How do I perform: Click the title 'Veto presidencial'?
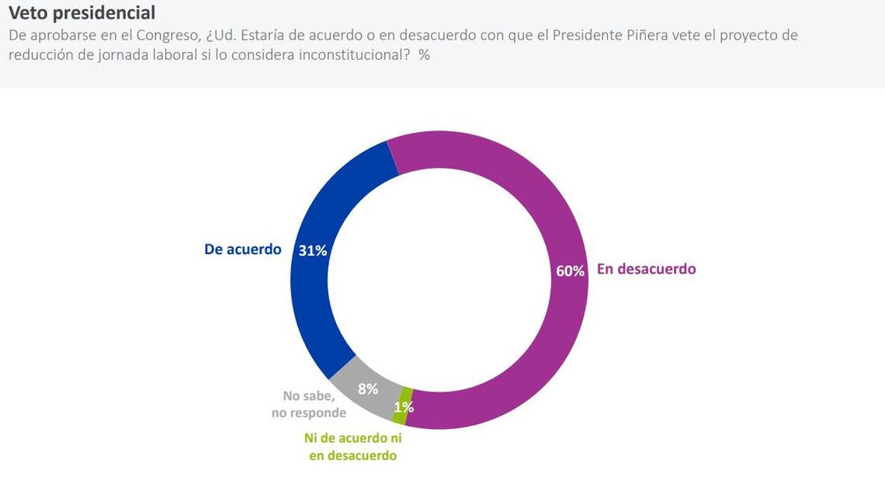click(82, 13)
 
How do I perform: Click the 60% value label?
click(570, 271)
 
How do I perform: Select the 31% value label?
click(313, 251)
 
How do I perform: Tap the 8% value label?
click(367, 389)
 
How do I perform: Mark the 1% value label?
click(404, 407)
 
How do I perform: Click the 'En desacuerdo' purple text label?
click(646, 269)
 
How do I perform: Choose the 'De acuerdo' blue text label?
click(242, 249)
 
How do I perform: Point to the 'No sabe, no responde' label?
click(309, 404)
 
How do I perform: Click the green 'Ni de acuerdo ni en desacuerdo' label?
click(352, 447)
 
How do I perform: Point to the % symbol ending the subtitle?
click(424, 55)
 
